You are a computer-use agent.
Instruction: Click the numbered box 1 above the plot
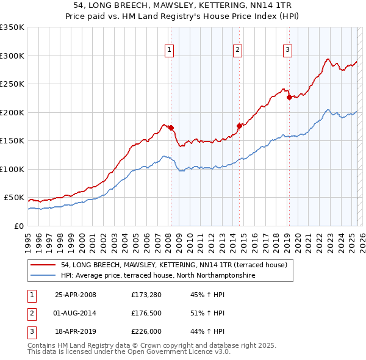(168, 50)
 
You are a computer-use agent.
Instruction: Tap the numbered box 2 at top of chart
(237, 50)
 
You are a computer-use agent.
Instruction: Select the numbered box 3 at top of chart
(287, 50)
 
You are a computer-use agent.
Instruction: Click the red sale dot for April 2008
(171, 128)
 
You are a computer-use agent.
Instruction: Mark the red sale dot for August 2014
(239, 126)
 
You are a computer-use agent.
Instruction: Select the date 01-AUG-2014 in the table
(76, 313)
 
